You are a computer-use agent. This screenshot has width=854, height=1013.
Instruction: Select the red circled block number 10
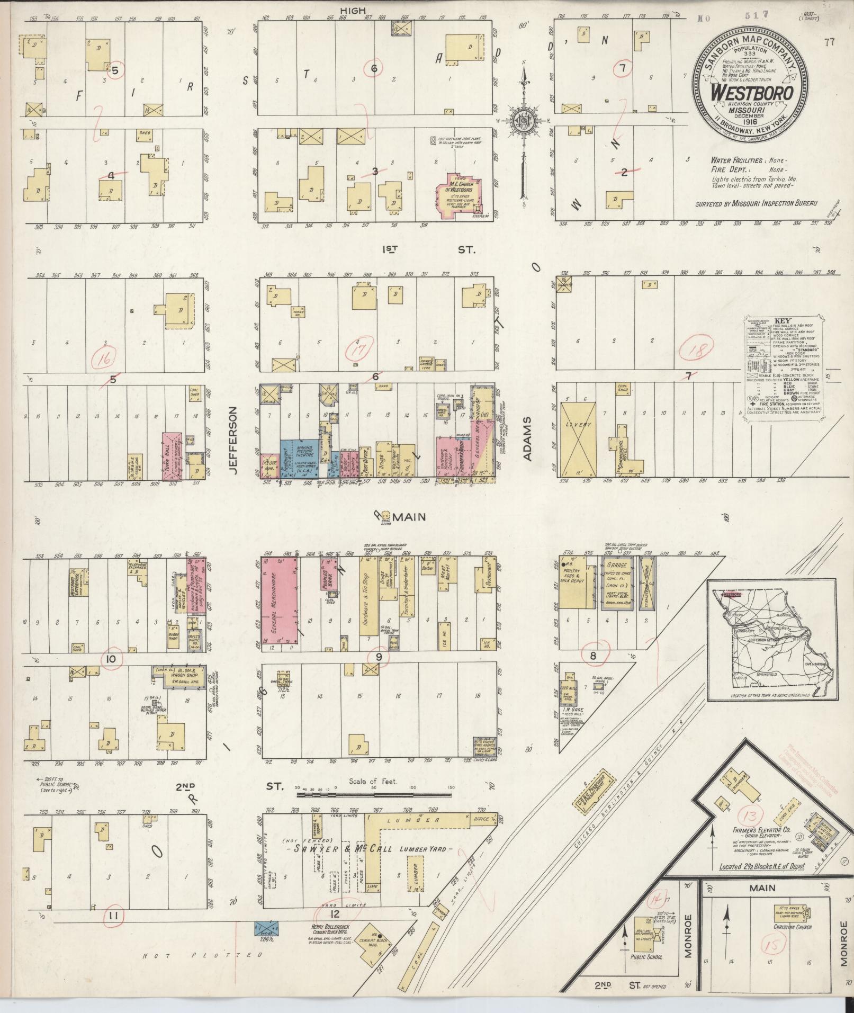tap(111, 659)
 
